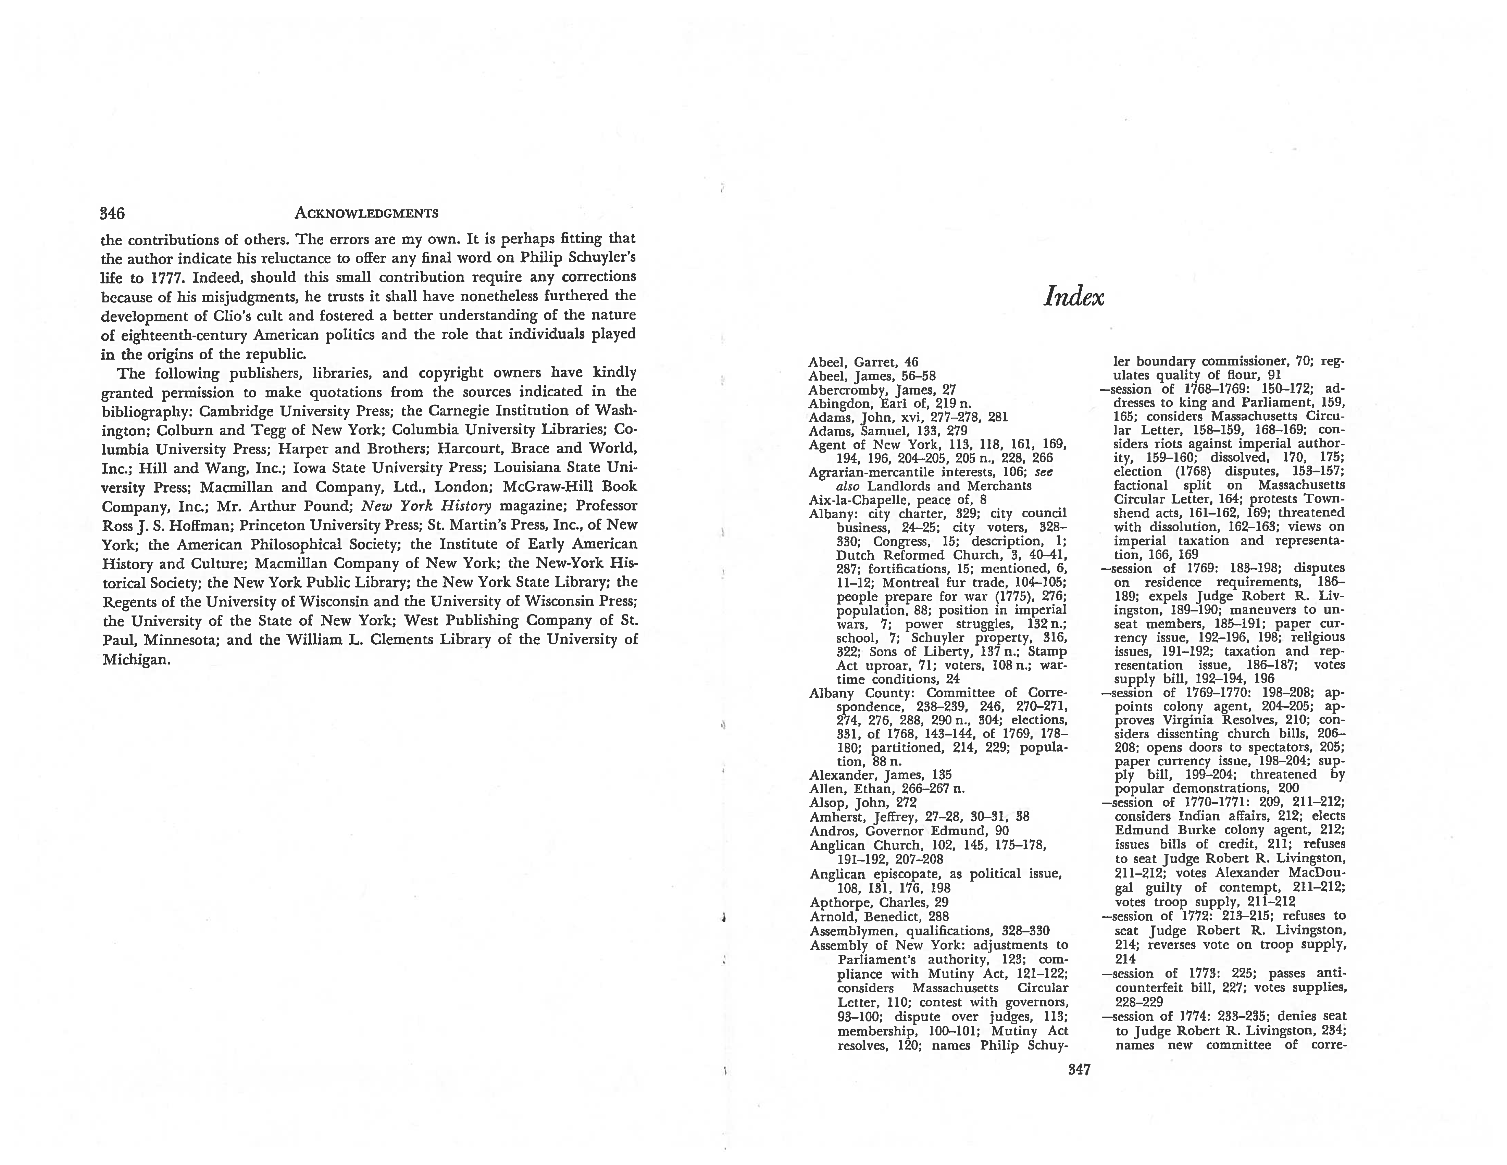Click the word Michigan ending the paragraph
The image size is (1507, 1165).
click(135, 660)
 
